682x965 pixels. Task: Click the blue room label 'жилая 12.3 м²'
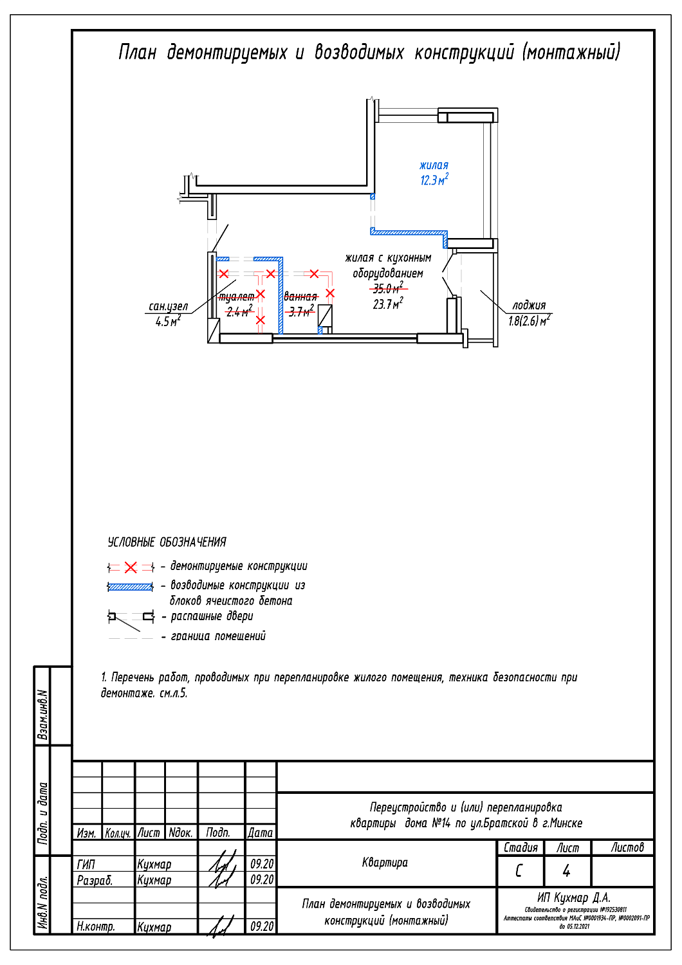point(434,173)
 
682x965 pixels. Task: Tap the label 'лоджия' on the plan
point(529,306)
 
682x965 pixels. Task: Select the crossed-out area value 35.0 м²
point(388,288)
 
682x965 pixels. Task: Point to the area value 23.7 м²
point(388,304)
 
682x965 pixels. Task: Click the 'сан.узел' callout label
point(168,307)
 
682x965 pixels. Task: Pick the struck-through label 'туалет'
point(236,297)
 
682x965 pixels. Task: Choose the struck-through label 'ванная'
point(300,297)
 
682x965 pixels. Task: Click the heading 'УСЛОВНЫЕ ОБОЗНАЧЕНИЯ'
point(167,542)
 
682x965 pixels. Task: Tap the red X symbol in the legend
point(131,567)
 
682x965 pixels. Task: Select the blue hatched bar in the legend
point(131,587)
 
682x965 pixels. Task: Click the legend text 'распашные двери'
point(212,616)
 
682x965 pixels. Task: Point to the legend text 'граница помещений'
point(218,636)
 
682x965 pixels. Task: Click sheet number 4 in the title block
point(566,871)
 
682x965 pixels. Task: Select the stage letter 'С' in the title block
point(519,871)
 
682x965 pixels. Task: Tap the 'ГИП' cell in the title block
point(86,864)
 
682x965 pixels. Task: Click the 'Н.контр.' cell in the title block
point(96,926)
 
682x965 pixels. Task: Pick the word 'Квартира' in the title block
point(385,863)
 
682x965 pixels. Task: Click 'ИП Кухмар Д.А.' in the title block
point(574,897)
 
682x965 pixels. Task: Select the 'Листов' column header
point(627,848)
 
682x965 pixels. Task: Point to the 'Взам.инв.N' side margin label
point(42,714)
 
